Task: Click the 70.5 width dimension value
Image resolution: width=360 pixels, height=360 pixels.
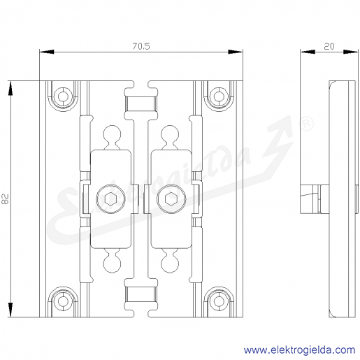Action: [x=141, y=46]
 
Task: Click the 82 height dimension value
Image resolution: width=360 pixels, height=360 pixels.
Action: [x=5, y=199]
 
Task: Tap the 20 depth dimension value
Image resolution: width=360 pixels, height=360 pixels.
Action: [x=329, y=46]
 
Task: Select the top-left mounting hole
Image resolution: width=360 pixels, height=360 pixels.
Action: [x=63, y=96]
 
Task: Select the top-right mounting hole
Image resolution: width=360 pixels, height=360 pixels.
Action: [x=219, y=96]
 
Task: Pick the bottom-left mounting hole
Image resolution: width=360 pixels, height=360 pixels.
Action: [x=63, y=301]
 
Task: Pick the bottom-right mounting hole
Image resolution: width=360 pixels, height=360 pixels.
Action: [x=219, y=301]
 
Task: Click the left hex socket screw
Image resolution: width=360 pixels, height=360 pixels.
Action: [x=110, y=199]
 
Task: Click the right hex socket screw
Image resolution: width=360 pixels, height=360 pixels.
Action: [x=171, y=199]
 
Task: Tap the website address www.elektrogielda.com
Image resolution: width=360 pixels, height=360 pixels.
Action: [x=300, y=350]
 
